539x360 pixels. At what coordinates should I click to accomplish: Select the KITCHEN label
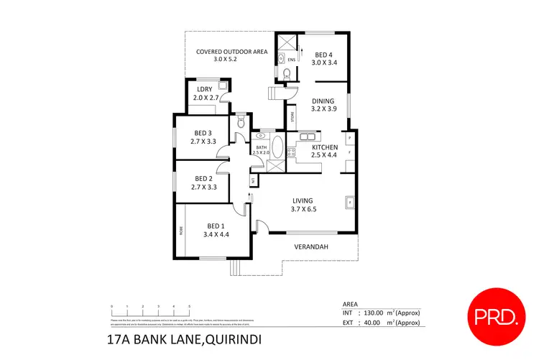tap(324, 147)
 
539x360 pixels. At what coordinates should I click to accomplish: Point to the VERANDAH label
tap(311, 247)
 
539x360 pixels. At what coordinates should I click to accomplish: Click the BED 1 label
tap(216, 224)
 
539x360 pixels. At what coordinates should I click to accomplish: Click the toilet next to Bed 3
tap(240, 123)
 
